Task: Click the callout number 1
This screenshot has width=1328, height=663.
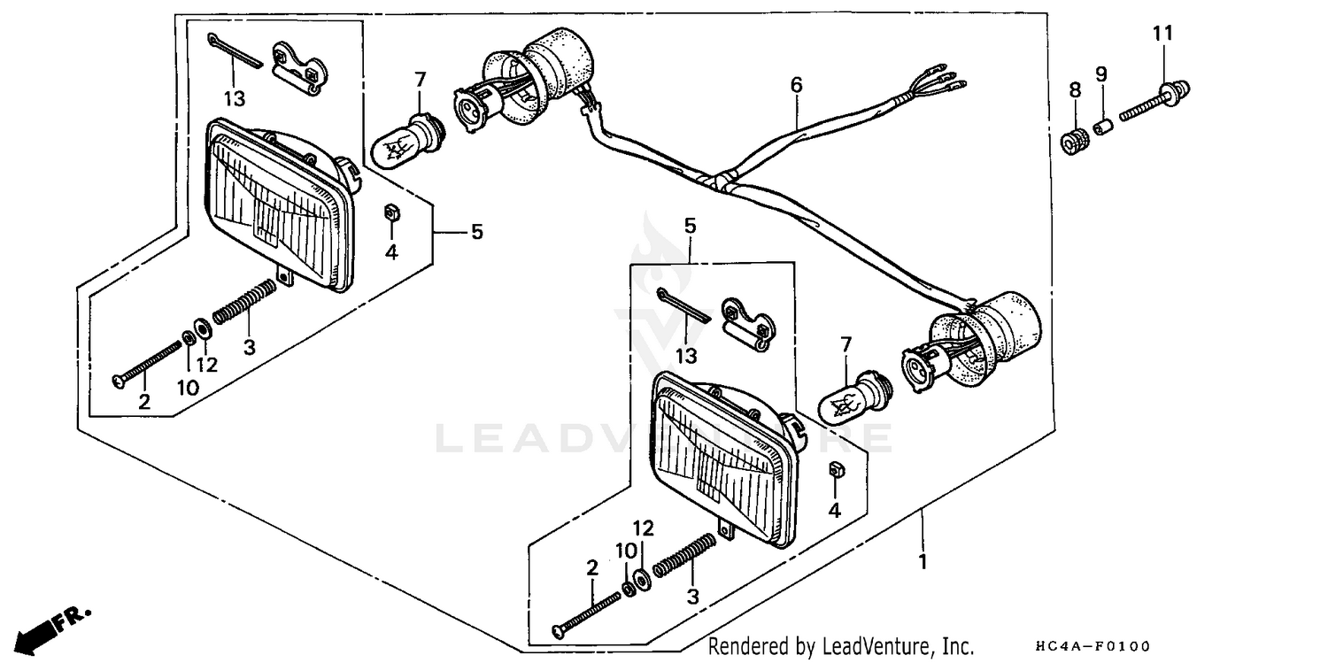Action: pos(922,561)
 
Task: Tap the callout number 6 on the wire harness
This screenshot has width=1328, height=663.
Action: pos(796,85)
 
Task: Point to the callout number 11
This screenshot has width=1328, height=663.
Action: pos(1162,34)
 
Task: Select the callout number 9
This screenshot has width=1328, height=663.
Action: pos(1101,74)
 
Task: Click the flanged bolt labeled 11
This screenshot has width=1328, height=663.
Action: pos(1155,101)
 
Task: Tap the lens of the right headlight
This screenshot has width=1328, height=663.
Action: pos(722,461)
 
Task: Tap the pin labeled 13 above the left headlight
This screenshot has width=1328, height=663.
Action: pos(236,50)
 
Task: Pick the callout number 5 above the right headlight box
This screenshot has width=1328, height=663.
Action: pos(690,227)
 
